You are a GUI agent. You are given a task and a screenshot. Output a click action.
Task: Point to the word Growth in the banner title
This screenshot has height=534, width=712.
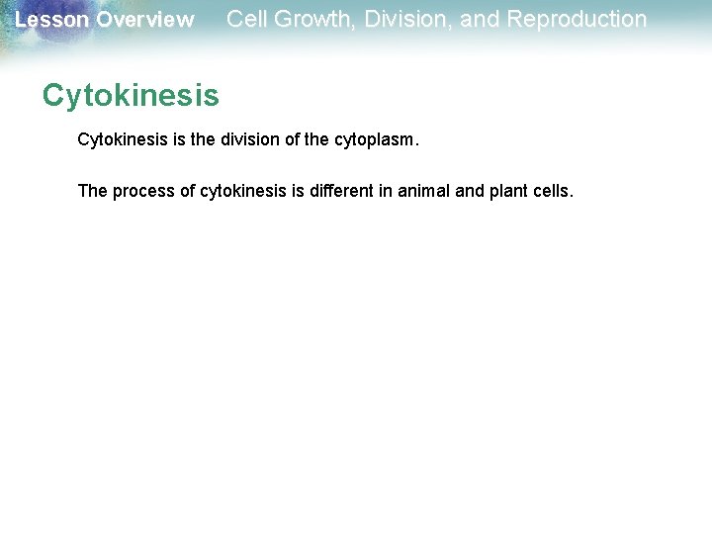[x=305, y=19]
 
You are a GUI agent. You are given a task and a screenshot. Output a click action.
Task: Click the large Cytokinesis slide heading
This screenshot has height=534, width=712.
[x=131, y=96]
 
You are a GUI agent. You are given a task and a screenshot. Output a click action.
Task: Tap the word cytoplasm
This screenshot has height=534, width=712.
[x=373, y=141]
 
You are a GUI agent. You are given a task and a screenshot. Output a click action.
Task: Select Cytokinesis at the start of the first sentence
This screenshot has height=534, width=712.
[x=122, y=140]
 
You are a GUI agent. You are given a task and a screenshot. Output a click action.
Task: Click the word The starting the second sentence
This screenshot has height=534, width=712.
[x=92, y=191]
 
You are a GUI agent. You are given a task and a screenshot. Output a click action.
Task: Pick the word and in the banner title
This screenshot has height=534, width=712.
[x=481, y=19]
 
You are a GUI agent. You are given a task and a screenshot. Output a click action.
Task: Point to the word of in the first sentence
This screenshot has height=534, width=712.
[x=294, y=140]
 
